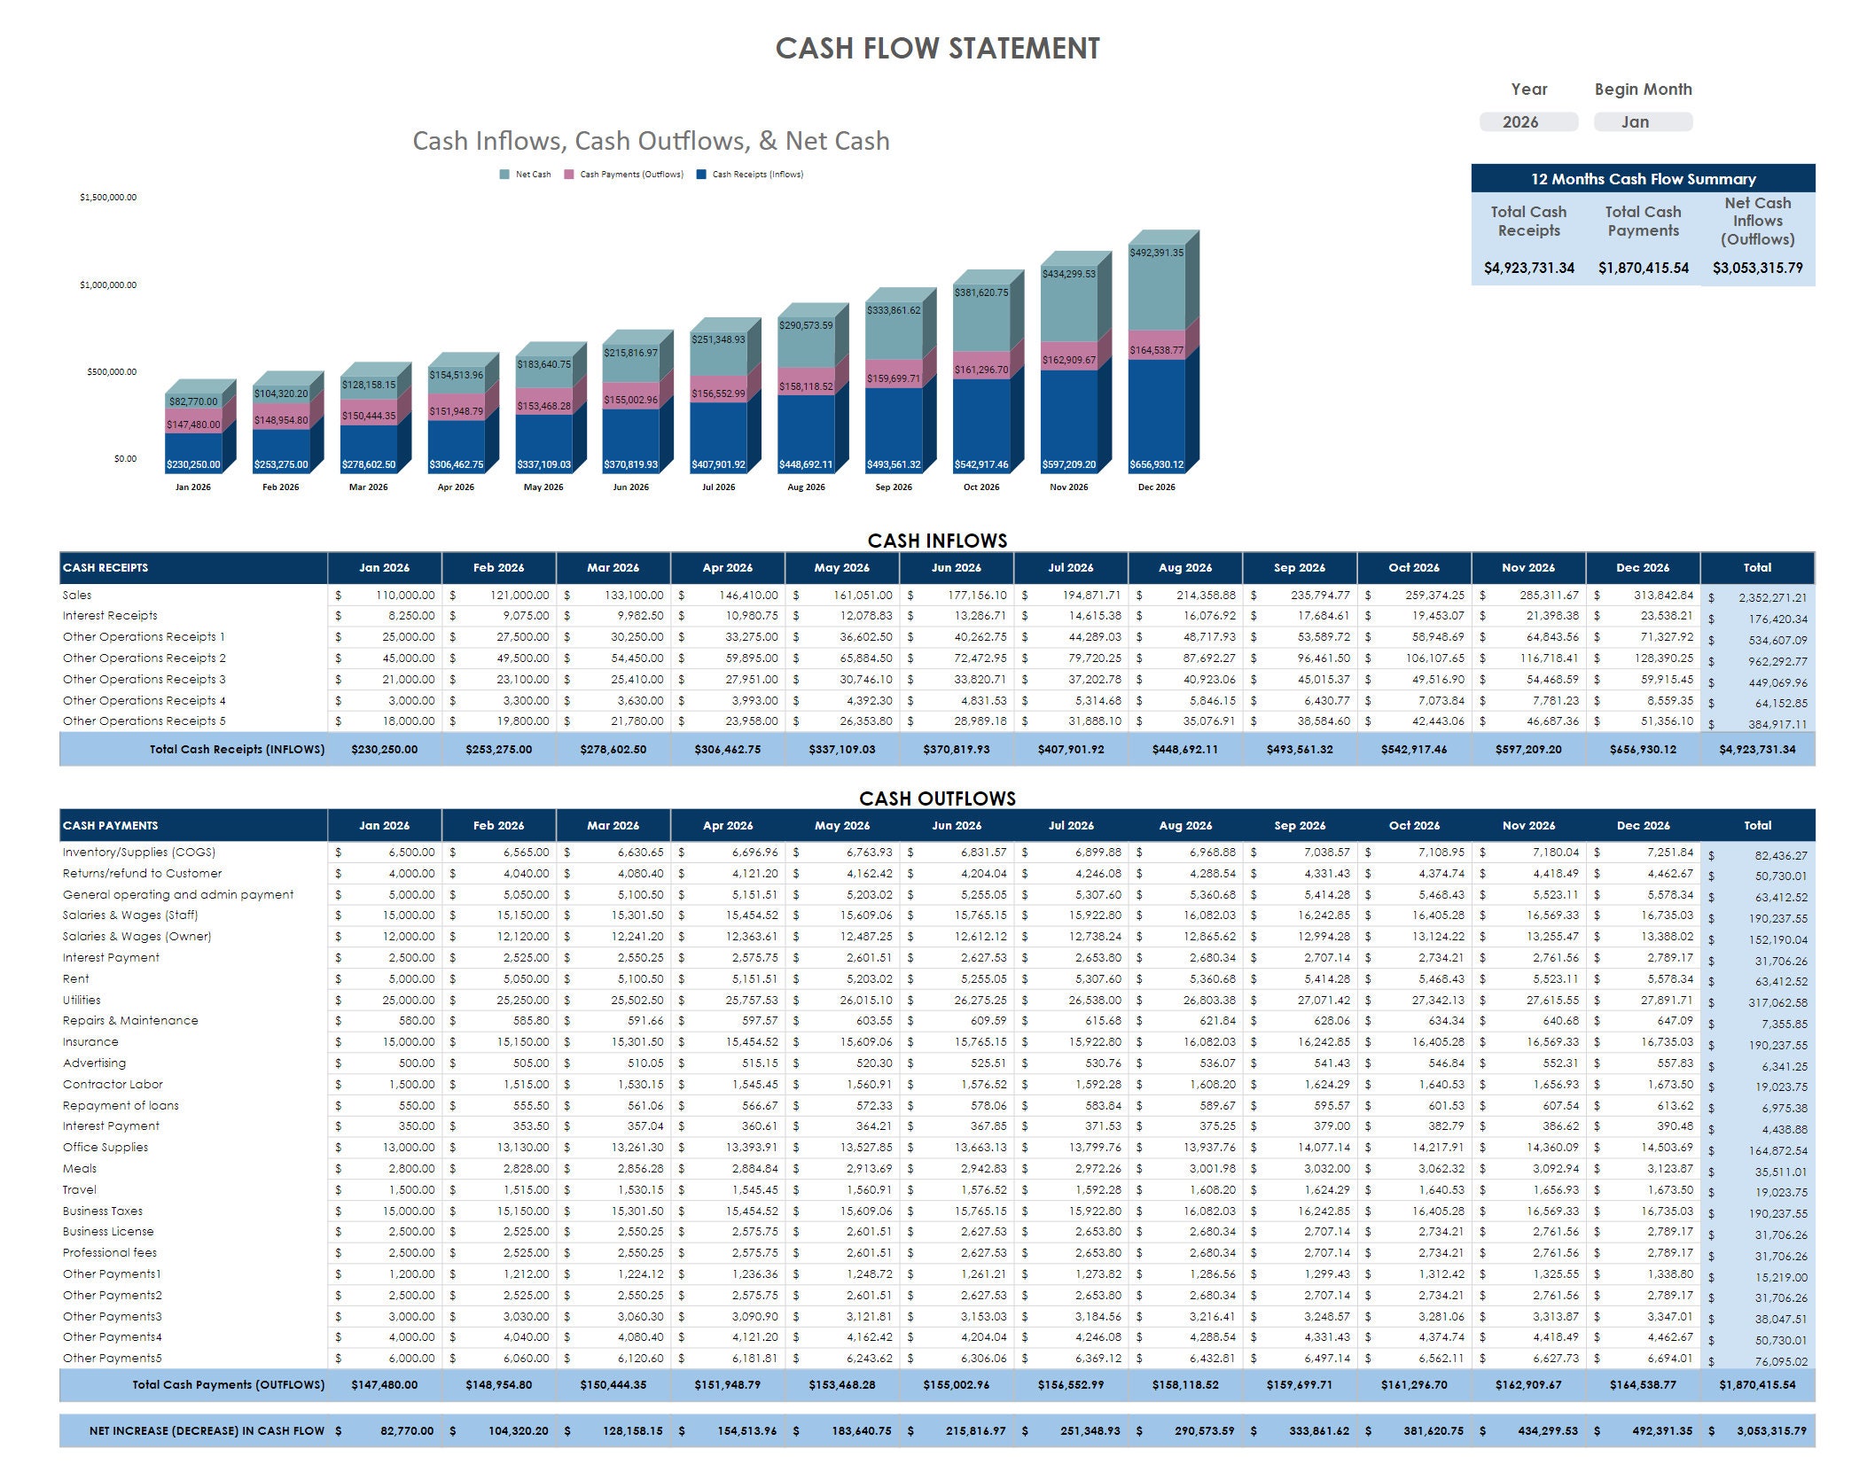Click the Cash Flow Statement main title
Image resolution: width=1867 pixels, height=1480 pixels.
(x=937, y=48)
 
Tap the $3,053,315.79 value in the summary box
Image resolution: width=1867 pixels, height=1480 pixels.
(x=1757, y=268)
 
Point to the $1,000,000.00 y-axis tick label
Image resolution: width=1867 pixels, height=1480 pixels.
(x=108, y=285)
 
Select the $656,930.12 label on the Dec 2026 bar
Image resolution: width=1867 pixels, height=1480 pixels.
(x=1156, y=464)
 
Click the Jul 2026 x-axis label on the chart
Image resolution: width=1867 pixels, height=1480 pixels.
(x=718, y=487)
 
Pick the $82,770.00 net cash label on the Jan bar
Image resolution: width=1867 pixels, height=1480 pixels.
(x=193, y=401)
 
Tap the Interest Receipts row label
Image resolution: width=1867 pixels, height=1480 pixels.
(x=110, y=616)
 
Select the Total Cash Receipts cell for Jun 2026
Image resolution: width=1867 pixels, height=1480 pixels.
(x=956, y=750)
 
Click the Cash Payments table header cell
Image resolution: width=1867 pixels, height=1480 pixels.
(x=111, y=825)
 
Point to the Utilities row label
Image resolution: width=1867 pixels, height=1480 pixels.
(x=82, y=1000)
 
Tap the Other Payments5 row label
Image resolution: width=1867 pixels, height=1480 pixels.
(x=113, y=1358)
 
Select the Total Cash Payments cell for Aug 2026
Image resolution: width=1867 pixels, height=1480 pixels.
(x=1184, y=1385)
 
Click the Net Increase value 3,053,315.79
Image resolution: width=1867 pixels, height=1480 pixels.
(x=1770, y=1431)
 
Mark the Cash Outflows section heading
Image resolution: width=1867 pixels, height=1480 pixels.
(x=937, y=798)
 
